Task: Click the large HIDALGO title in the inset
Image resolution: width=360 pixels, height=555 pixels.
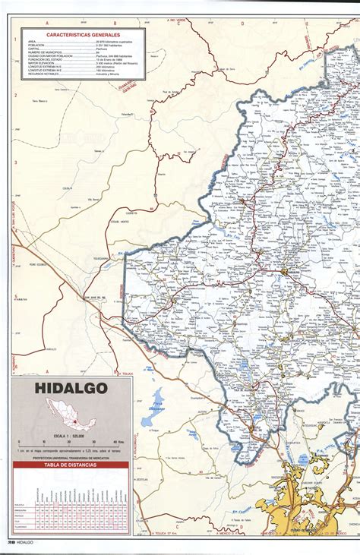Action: [x=71, y=389]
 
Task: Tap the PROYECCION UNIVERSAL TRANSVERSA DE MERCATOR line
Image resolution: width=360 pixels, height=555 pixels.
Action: [x=71, y=458]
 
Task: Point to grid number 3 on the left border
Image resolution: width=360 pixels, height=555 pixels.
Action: [x=15, y=162]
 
